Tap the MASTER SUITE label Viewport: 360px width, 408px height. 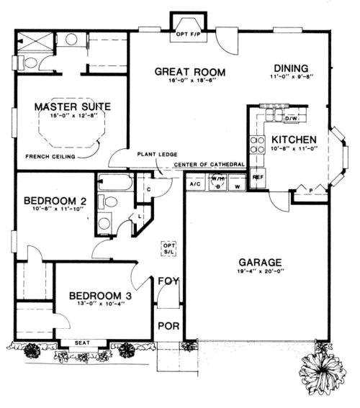click(x=72, y=107)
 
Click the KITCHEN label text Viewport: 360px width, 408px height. click(x=292, y=139)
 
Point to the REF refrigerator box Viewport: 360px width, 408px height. click(x=257, y=175)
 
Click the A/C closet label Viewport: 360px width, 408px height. click(x=194, y=185)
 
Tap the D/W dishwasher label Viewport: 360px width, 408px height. click(x=291, y=119)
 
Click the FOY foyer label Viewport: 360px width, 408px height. click(x=168, y=281)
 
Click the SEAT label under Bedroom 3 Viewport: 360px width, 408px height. click(x=83, y=343)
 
